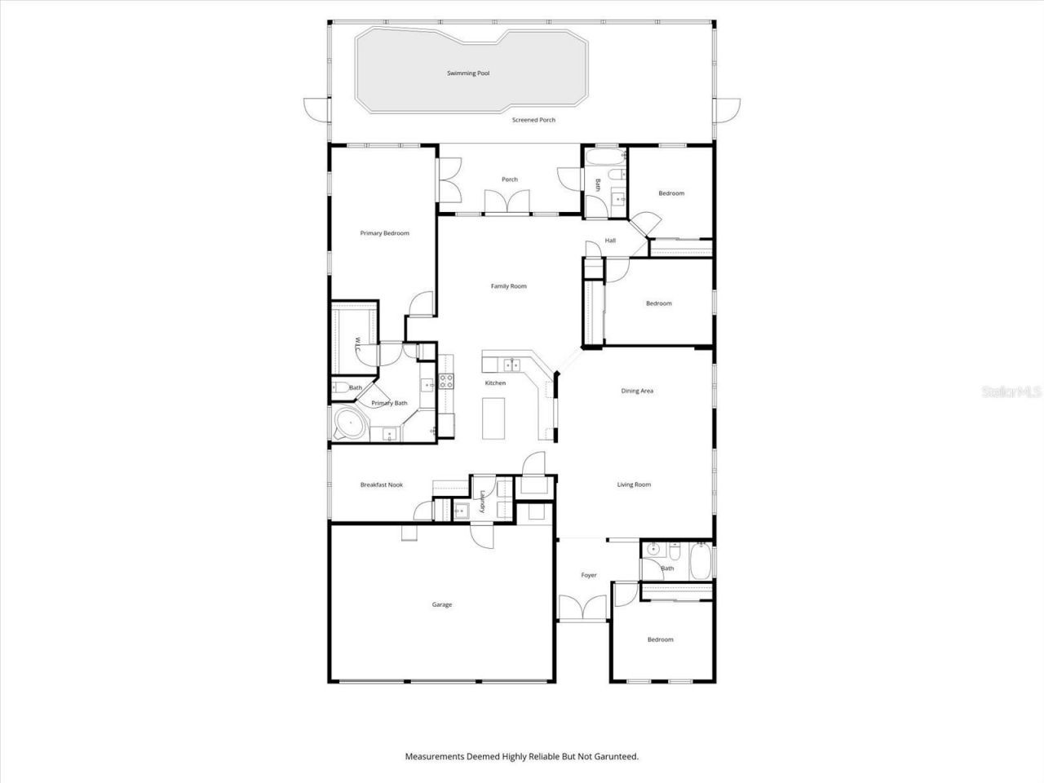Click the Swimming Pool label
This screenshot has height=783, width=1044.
[x=468, y=73]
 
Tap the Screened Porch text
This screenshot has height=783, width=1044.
[x=533, y=120]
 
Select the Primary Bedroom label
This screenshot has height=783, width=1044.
[x=384, y=233]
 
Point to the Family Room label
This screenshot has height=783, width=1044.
[x=508, y=286]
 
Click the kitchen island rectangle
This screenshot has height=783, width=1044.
[x=493, y=418]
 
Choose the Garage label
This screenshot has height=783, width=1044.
[x=441, y=604]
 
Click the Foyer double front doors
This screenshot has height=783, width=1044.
[x=582, y=608]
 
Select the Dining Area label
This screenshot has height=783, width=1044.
[x=637, y=391]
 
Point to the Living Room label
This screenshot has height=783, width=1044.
[x=634, y=484]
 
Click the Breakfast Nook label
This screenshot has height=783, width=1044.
[x=382, y=484]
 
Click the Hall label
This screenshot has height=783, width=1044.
[x=610, y=241]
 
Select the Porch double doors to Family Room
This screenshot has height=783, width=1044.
[x=506, y=201]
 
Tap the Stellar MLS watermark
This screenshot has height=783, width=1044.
[x=1011, y=391]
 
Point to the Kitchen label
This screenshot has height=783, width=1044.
[x=495, y=383]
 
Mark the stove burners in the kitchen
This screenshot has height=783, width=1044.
[x=446, y=379]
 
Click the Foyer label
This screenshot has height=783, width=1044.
[x=588, y=575]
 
